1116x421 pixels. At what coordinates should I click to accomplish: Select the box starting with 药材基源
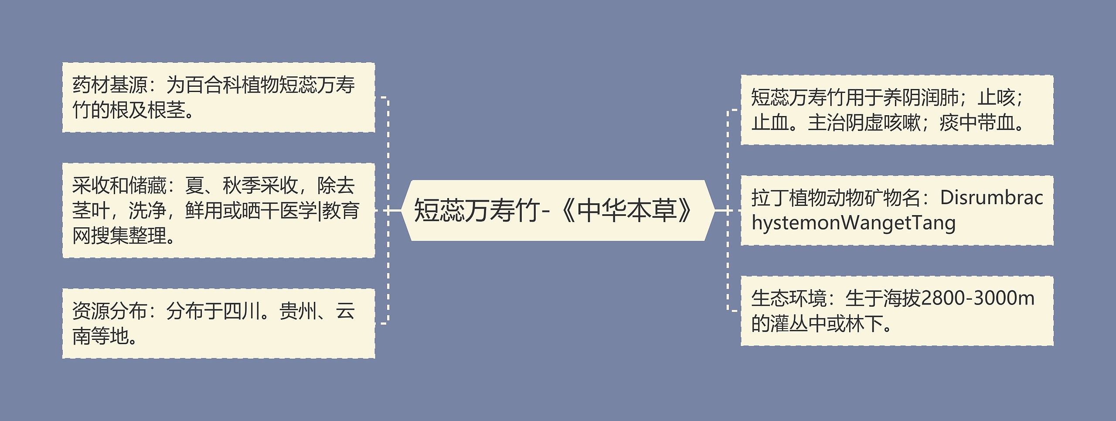[218, 97]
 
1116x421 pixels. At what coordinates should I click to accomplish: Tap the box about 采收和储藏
[218, 210]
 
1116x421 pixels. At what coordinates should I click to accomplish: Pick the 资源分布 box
[218, 323]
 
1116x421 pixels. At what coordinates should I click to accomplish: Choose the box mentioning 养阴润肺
[897, 110]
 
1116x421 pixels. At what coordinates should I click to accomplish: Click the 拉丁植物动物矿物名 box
[897, 210]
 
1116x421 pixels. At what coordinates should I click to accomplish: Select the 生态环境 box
[897, 311]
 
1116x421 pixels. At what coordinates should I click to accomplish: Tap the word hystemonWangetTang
[853, 223]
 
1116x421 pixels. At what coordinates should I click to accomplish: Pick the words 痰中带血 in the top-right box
[976, 123]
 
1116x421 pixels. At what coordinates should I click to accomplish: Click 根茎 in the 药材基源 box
[167, 110]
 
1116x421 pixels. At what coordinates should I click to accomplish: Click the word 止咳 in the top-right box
[997, 98]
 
